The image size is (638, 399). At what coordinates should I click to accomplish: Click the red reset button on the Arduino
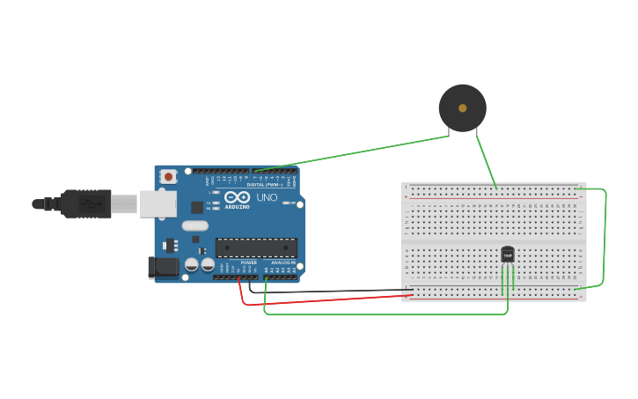pos(167,177)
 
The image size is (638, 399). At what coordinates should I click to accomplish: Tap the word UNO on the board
pos(267,197)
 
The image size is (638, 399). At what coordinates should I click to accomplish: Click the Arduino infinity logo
pos(237,197)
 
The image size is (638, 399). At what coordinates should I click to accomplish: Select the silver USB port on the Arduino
pos(158,204)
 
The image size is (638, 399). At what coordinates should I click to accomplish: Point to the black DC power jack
pos(163,266)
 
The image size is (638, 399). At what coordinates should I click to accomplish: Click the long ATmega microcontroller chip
pos(256,248)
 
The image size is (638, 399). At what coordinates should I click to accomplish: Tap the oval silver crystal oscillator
pos(195,225)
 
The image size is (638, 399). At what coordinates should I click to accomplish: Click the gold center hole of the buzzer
pos(463,108)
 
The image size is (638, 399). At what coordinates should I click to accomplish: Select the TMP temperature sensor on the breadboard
pos(508,255)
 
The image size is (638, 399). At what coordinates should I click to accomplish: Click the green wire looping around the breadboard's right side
pos(605,238)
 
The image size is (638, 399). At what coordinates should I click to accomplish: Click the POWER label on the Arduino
pos(249,262)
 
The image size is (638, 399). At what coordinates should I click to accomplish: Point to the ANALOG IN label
pos(282,262)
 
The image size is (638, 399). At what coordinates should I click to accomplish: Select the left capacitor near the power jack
pos(191,264)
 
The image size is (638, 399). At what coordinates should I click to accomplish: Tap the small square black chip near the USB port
pos(197,207)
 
